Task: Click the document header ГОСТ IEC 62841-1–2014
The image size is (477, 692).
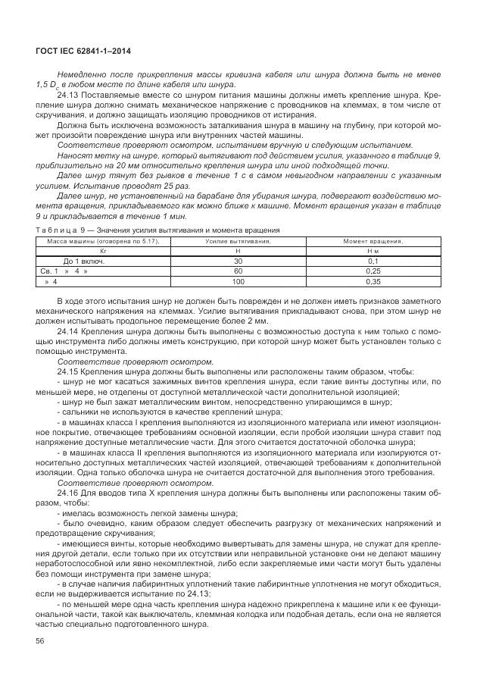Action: tap(89, 49)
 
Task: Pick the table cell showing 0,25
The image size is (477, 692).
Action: tap(373, 271)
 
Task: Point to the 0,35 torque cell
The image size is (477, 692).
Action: tap(373, 281)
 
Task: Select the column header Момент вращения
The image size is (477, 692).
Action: tap(373, 240)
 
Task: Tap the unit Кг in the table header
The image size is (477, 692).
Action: tap(104, 250)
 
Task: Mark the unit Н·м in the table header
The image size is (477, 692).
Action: tap(373, 250)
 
